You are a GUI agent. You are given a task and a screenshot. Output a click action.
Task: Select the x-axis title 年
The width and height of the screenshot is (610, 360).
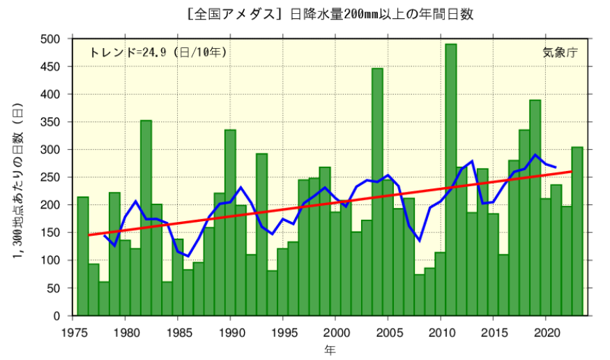[x=330, y=348]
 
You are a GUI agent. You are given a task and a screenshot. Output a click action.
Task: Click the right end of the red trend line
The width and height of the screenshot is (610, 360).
[x=571, y=172]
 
